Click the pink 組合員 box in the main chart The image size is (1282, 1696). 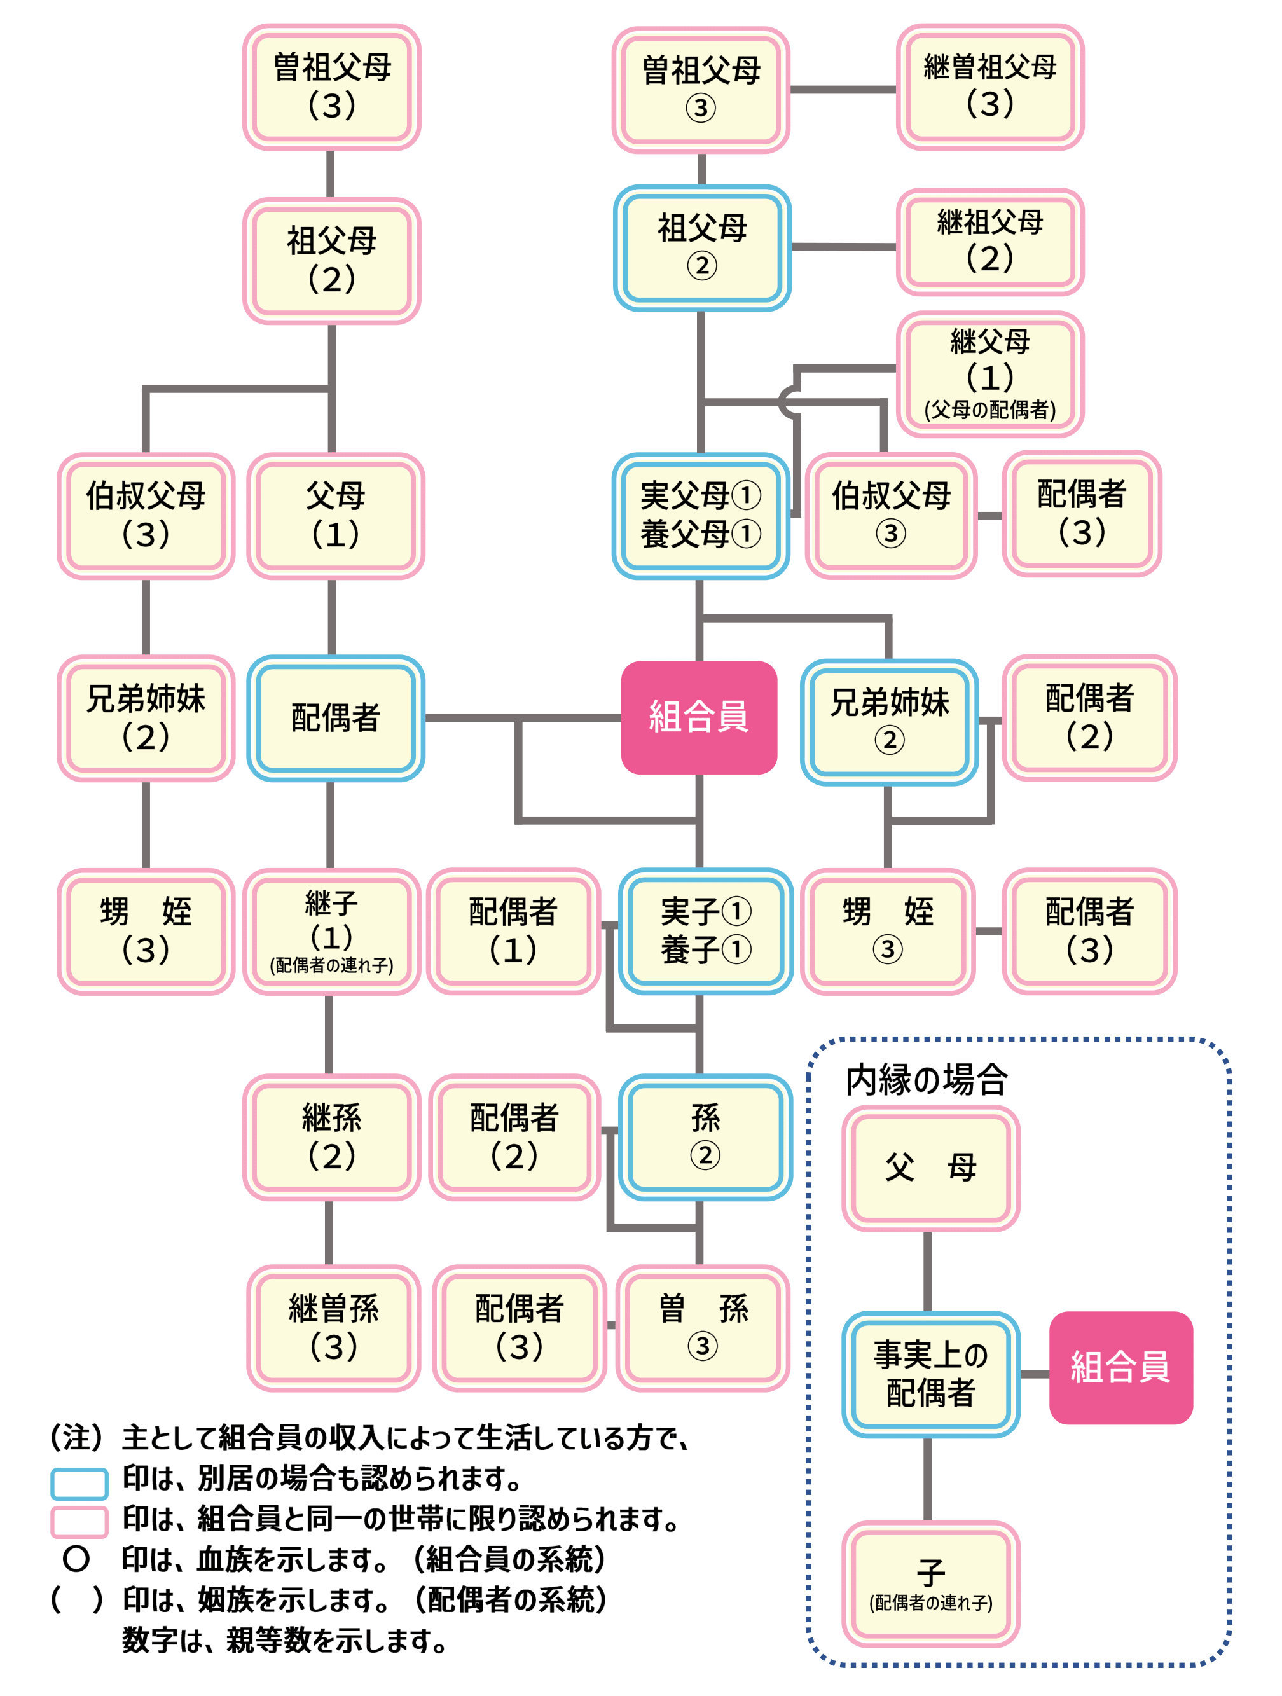(698, 717)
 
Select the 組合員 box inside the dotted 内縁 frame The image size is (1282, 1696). (1120, 1367)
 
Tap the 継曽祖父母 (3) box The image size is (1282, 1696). (989, 86)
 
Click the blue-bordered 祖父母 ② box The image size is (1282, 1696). (701, 247)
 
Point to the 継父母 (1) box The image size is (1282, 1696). (989, 373)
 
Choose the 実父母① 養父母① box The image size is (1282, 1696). (700, 515)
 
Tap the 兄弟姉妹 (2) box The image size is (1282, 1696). (146, 718)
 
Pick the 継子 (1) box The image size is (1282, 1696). (331, 931)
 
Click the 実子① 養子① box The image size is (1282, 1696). (705, 931)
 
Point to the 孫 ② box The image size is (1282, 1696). (705, 1136)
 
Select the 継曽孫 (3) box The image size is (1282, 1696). (333, 1327)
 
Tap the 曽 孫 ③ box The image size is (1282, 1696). (702, 1327)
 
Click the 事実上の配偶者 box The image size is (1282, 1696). (930, 1374)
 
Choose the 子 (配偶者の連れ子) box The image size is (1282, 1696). (930, 1583)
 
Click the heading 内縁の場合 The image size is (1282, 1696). (925, 1080)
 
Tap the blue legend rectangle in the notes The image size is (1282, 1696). (79, 1483)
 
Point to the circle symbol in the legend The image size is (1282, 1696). (76, 1558)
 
